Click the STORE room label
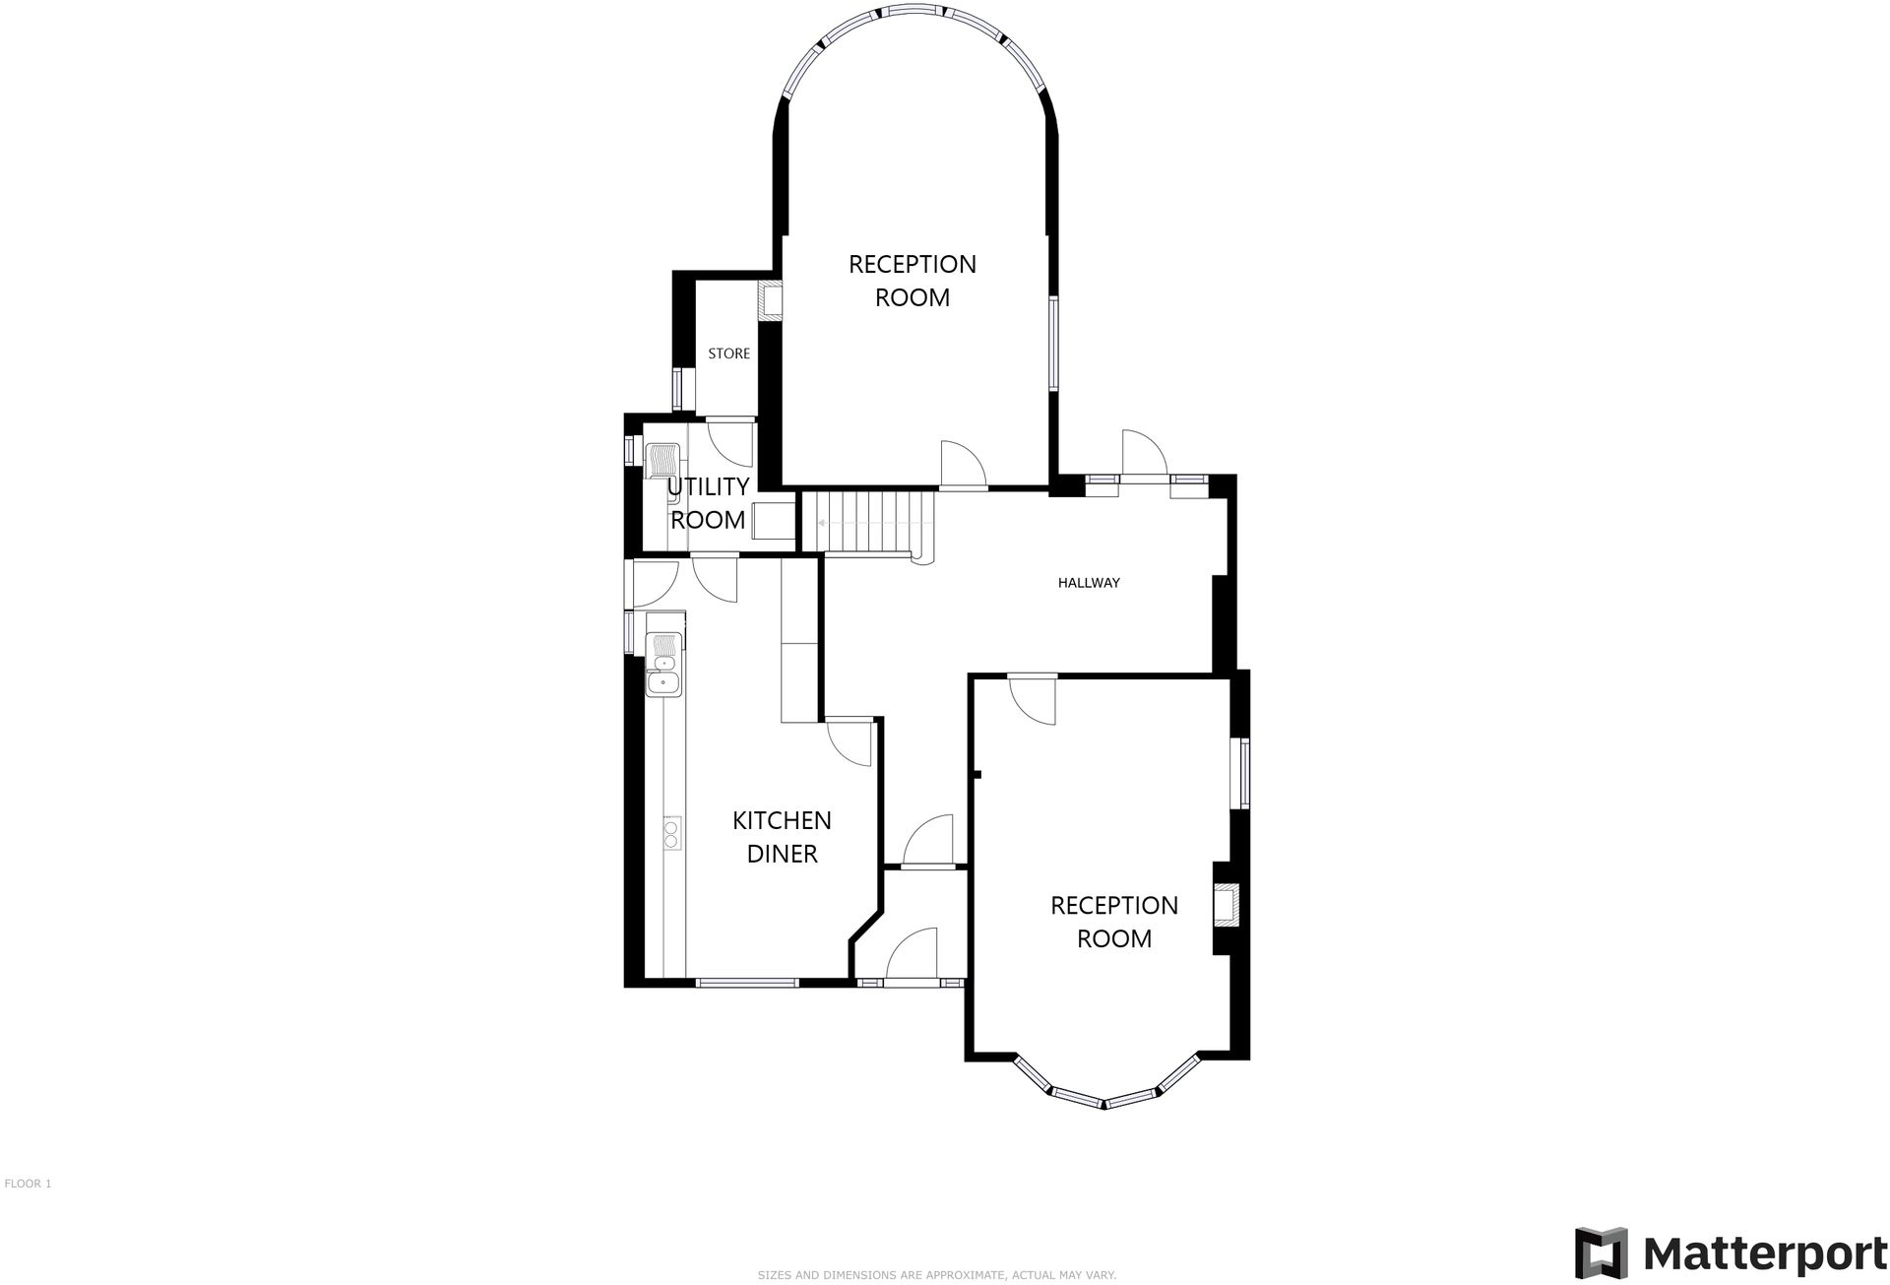tap(728, 353)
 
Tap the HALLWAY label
tap(1089, 583)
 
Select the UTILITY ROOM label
tap(708, 503)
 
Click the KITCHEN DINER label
tap(782, 837)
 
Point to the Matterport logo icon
tap(1602, 1253)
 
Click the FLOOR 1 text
tap(28, 1184)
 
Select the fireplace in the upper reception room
tap(769, 300)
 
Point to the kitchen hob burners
tap(671, 833)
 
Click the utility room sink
tap(662, 463)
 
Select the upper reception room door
tap(962, 465)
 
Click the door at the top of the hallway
tap(1143, 455)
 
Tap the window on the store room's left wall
tap(677, 388)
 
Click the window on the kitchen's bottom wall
tap(747, 982)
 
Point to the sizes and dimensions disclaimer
tap(936, 1275)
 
